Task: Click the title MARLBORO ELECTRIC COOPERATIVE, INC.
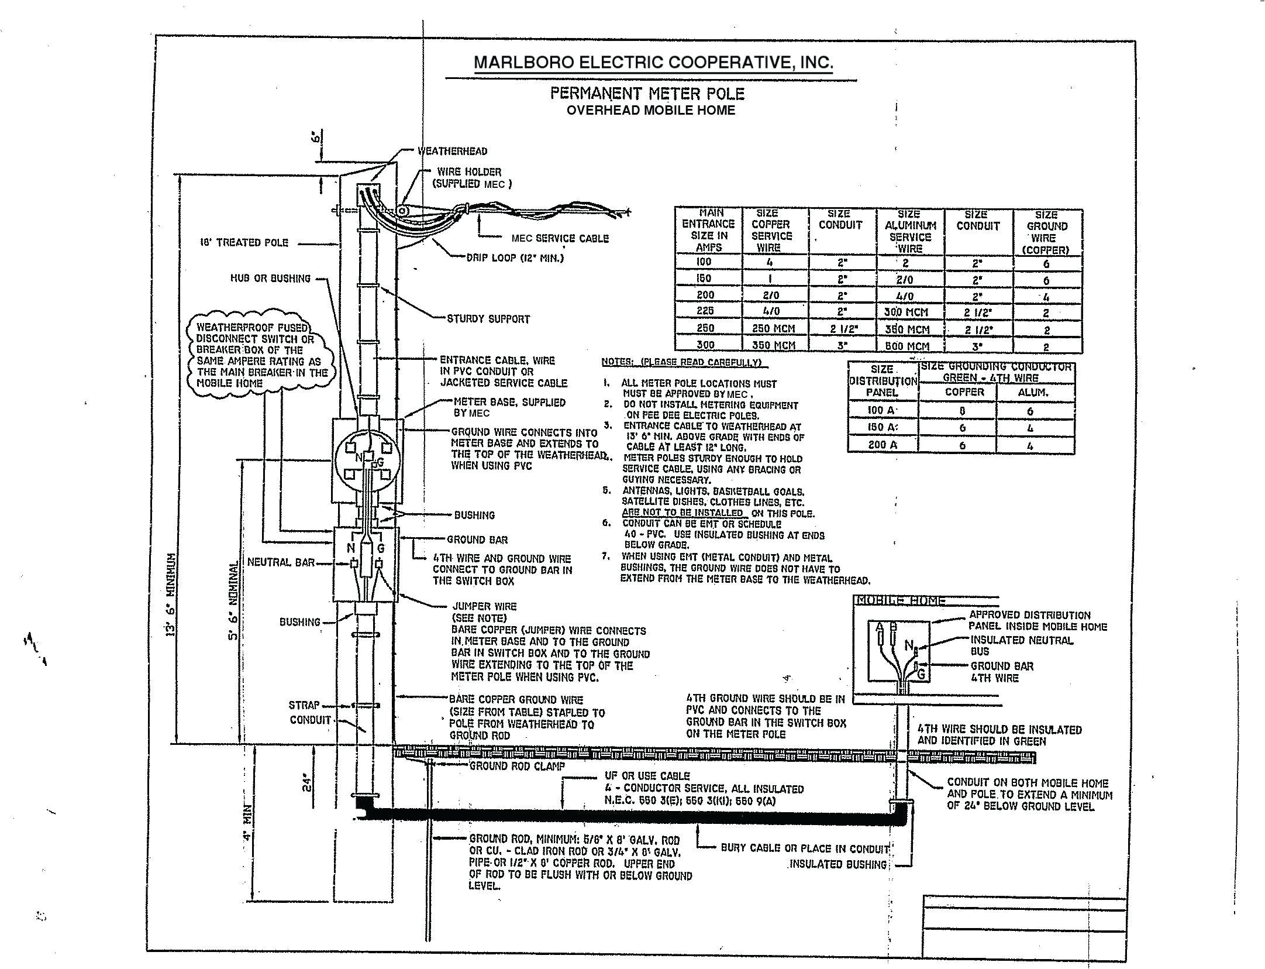[x=653, y=63]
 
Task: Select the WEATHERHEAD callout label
[x=452, y=152]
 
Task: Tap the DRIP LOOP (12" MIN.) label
[x=515, y=257]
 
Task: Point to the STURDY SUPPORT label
[x=488, y=319]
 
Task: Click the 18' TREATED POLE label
[x=244, y=242]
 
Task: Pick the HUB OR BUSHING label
[x=270, y=279]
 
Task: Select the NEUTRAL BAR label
[x=281, y=562]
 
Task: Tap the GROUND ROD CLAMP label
[x=517, y=766]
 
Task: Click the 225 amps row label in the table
[x=705, y=311]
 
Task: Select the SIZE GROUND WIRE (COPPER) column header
[x=1047, y=232]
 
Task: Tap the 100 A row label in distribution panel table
[x=883, y=411]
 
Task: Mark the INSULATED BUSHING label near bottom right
[x=838, y=865]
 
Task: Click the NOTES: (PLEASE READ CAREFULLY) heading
[x=681, y=362]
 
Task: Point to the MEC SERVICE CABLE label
[x=560, y=239]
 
